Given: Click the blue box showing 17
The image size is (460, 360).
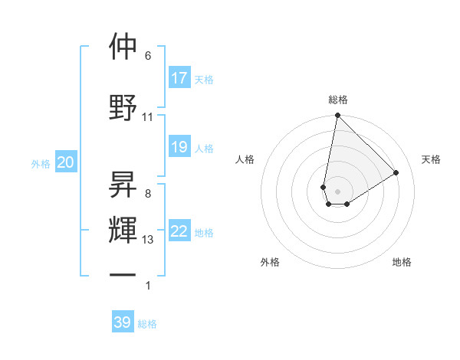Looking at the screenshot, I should (x=179, y=78).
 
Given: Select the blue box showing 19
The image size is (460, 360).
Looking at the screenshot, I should (x=179, y=147).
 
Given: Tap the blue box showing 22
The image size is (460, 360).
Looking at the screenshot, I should (x=179, y=232).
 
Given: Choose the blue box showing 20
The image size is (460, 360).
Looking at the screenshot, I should (x=66, y=162).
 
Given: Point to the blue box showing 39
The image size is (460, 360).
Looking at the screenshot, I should (x=123, y=322).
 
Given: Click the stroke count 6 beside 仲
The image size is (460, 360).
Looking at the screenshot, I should (x=148, y=56).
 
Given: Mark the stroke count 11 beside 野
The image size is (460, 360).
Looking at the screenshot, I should (x=148, y=117).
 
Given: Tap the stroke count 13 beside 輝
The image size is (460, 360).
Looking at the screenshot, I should (x=148, y=240).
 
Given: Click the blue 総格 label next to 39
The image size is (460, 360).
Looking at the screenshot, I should (x=147, y=324).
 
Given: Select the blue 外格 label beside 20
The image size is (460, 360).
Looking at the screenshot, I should (x=41, y=163).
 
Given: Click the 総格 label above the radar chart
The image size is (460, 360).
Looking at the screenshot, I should (x=338, y=100).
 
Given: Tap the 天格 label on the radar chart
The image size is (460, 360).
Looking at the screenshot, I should (x=431, y=159).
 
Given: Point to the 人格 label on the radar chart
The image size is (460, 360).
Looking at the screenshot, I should (x=245, y=159).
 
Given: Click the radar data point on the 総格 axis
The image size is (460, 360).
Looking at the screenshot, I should (x=337, y=116).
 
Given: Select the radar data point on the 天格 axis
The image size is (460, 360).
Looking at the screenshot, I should (x=396, y=172).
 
